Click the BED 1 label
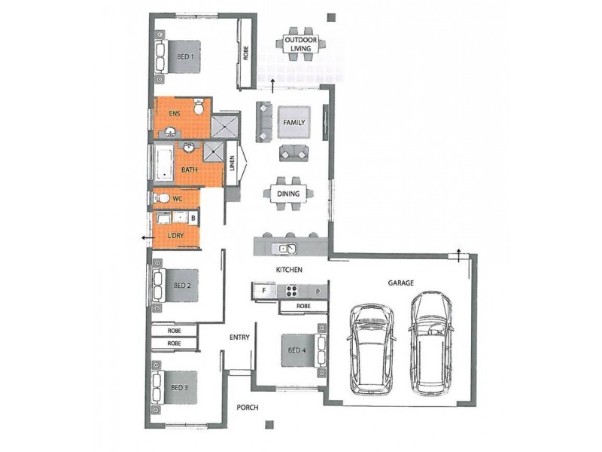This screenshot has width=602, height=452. (x=186, y=57)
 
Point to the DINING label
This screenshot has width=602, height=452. (x=289, y=194)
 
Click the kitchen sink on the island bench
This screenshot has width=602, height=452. (x=287, y=247)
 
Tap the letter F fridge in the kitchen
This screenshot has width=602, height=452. (x=264, y=291)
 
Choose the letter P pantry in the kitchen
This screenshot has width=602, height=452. (x=318, y=291)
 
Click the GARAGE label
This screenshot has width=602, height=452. (x=401, y=283)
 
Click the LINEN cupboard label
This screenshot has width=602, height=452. (x=233, y=163)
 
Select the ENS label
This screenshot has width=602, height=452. (x=174, y=115)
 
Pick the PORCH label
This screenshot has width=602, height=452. (x=247, y=408)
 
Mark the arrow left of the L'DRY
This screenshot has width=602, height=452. (x=142, y=237)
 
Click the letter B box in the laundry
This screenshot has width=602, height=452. (x=193, y=219)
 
